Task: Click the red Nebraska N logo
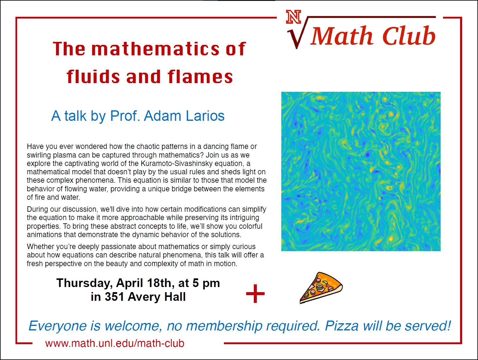click(x=294, y=17)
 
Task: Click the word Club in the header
click(x=409, y=36)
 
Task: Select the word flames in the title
click(x=200, y=77)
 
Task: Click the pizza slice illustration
click(x=321, y=288)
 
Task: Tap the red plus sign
click(x=255, y=294)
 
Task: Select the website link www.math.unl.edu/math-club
click(x=115, y=344)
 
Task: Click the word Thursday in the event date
click(x=85, y=283)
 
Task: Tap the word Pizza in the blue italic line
click(x=341, y=326)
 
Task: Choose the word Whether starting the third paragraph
click(x=40, y=247)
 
